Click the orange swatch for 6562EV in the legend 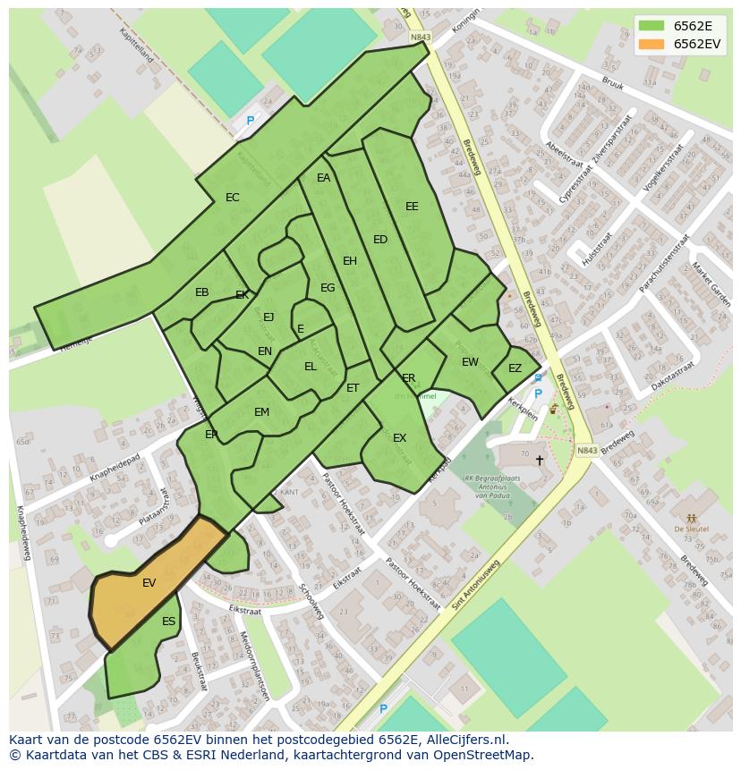[x=652, y=44]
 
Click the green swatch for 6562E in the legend [x=652, y=25]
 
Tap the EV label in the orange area [x=149, y=583]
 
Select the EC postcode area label [x=233, y=198]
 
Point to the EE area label [x=412, y=207]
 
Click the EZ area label [x=515, y=368]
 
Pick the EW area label [x=470, y=362]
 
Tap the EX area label [x=400, y=438]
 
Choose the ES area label [x=169, y=622]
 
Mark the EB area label [x=202, y=292]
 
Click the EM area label [x=261, y=412]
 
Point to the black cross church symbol [x=539, y=461]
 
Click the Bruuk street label [x=612, y=83]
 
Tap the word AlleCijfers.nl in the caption [x=465, y=740]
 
